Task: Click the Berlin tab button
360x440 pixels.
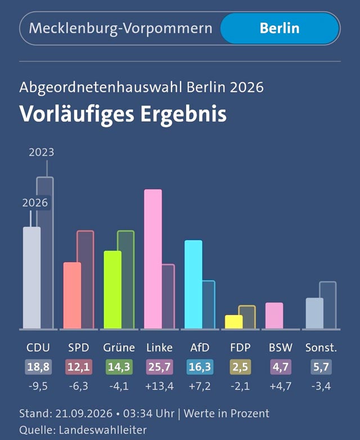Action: (x=280, y=28)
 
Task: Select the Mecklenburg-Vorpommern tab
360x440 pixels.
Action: (x=120, y=28)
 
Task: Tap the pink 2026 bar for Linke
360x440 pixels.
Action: (x=153, y=259)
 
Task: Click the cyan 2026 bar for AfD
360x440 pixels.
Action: (x=193, y=284)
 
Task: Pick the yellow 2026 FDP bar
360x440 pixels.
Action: (x=234, y=322)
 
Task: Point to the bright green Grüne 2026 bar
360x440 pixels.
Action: (x=112, y=290)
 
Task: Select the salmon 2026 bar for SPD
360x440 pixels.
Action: (x=72, y=295)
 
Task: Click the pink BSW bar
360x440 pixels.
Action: (x=274, y=316)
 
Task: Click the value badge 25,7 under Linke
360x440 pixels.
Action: (x=159, y=367)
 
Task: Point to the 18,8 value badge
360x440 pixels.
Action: (x=38, y=367)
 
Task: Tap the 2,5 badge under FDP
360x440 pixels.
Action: (x=240, y=367)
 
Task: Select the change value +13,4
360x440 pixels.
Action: (x=159, y=387)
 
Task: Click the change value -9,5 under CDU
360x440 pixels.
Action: (x=38, y=387)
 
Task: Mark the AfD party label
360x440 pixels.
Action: (x=200, y=348)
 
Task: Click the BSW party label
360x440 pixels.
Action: (x=281, y=348)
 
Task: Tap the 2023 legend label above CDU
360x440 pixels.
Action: (x=42, y=152)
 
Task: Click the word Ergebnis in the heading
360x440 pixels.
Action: (x=183, y=114)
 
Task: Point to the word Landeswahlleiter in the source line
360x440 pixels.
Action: (x=103, y=430)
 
